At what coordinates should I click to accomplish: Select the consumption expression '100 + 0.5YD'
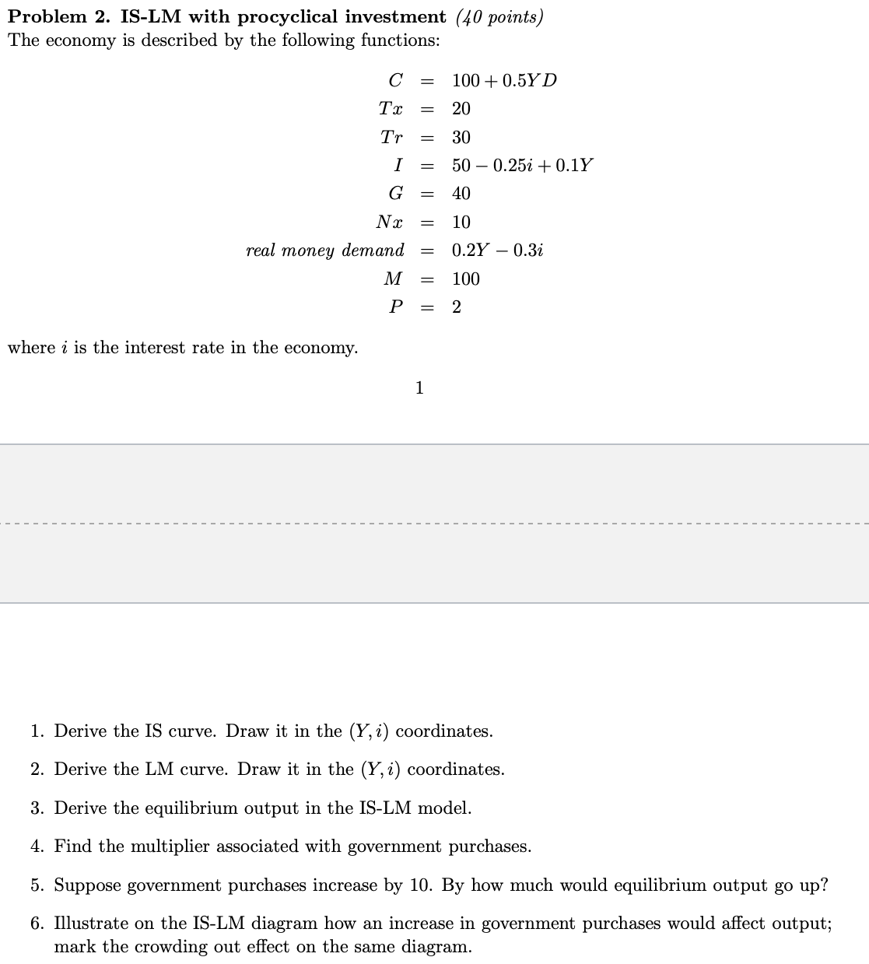(x=504, y=81)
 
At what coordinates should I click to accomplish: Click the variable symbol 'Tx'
(x=391, y=109)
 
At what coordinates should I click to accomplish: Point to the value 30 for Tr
(x=461, y=138)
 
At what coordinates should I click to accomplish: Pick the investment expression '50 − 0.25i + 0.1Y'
(x=522, y=166)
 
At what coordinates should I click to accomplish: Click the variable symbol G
(x=395, y=194)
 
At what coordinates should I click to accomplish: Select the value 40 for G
(x=461, y=194)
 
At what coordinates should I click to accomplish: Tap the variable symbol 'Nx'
(x=389, y=223)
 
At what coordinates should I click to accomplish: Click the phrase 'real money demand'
(x=325, y=251)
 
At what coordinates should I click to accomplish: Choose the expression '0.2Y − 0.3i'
(x=497, y=251)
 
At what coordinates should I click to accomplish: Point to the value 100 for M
(x=466, y=279)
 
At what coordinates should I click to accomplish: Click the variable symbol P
(x=395, y=307)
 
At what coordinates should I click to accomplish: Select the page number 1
(x=419, y=387)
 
